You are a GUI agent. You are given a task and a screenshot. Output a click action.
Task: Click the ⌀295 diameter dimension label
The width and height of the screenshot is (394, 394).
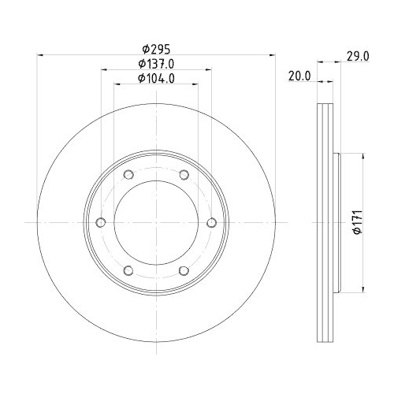point(156,48)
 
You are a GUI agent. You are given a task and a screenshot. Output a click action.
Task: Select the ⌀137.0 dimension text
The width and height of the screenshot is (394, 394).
point(156,63)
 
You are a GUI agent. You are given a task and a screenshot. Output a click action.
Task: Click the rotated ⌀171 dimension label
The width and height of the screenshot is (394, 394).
point(356,223)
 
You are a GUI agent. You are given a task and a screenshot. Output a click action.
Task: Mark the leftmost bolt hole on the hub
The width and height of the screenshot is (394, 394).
point(100,223)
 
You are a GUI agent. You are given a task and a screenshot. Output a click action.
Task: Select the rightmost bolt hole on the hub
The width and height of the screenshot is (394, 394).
point(212,223)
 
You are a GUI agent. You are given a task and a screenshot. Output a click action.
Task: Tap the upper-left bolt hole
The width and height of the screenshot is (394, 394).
point(128,175)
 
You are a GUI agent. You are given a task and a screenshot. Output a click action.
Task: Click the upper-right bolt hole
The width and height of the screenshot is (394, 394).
point(184,175)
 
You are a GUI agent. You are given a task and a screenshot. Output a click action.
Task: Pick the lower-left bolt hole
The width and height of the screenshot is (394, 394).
point(128,271)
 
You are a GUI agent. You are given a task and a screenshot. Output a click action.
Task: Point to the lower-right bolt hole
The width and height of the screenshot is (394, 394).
point(184,271)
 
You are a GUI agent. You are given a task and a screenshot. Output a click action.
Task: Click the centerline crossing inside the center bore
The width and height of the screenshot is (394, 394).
point(156,223)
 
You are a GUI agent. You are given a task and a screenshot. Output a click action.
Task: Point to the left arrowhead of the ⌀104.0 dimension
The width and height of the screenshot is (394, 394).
point(116,84)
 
